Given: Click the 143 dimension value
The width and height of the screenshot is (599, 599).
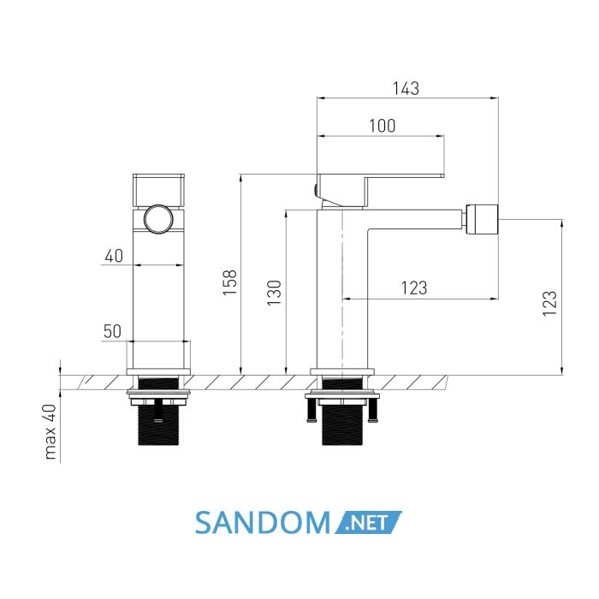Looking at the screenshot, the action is [406, 89].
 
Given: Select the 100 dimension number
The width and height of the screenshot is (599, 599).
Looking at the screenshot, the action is [382, 126].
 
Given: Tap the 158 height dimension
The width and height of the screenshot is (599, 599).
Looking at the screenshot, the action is [230, 282].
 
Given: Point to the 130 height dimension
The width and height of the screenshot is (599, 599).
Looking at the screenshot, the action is [274, 293].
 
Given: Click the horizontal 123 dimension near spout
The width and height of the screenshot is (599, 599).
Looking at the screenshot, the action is [414, 288].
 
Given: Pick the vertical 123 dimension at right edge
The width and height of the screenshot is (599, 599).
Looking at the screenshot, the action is [550, 303].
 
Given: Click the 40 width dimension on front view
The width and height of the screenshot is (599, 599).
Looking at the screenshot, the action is [114, 256].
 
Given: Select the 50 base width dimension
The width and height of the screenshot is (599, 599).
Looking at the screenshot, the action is [112, 331].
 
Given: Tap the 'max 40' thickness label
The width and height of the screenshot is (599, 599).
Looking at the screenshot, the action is [50, 431].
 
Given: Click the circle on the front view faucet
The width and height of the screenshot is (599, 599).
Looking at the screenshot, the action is [158, 219].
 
